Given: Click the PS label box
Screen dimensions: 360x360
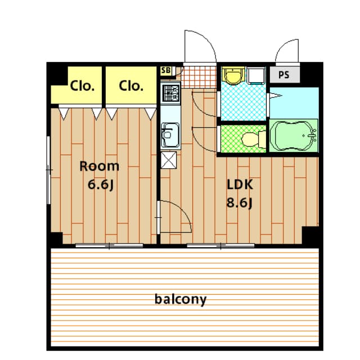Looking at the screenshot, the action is pyautogui.click(x=285, y=75).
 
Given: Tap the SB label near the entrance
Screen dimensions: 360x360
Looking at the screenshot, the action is pyautogui.click(x=166, y=70).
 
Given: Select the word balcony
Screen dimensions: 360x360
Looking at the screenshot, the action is pyautogui.click(x=181, y=300).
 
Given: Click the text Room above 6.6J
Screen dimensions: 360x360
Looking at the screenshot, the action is pyautogui.click(x=99, y=166).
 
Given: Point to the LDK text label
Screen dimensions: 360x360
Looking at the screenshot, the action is pyautogui.click(x=240, y=184).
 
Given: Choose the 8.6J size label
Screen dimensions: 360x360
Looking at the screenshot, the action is pyautogui.click(x=240, y=203).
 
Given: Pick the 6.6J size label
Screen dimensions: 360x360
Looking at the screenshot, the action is pyautogui.click(x=101, y=184).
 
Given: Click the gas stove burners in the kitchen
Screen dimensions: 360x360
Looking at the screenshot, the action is pyautogui.click(x=170, y=93).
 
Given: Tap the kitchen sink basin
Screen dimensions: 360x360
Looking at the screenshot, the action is pyautogui.click(x=170, y=135).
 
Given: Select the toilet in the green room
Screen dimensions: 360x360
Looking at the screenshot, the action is pyautogui.click(x=254, y=139).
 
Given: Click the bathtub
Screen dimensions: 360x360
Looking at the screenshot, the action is pyautogui.click(x=294, y=136).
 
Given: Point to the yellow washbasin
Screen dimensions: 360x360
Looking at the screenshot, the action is pyautogui.click(x=233, y=75).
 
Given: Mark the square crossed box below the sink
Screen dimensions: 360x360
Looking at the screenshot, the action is pyautogui.click(x=169, y=160).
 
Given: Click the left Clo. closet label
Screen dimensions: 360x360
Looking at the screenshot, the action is pyautogui.click(x=82, y=86).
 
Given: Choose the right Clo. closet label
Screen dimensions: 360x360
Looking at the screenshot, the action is pyautogui.click(x=131, y=86).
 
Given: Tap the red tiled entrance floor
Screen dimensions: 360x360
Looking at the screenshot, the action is pyautogui.click(x=199, y=77).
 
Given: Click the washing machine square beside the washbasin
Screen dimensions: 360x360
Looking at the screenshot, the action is pyautogui.click(x=256, y=75).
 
